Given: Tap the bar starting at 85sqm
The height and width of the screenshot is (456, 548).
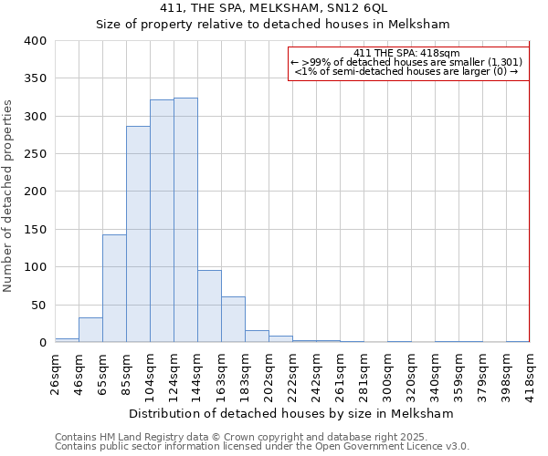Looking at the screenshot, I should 138,234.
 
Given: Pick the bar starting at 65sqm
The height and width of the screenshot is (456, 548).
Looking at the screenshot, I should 114,288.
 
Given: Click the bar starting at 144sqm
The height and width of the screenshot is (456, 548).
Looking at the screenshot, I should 209,306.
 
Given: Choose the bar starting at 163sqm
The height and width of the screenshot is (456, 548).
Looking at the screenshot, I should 233,319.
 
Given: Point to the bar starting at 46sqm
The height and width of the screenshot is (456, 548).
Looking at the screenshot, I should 90,330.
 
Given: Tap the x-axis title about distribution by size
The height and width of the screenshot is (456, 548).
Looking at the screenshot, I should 290,413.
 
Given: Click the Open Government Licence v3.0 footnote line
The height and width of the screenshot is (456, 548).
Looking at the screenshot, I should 262,446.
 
